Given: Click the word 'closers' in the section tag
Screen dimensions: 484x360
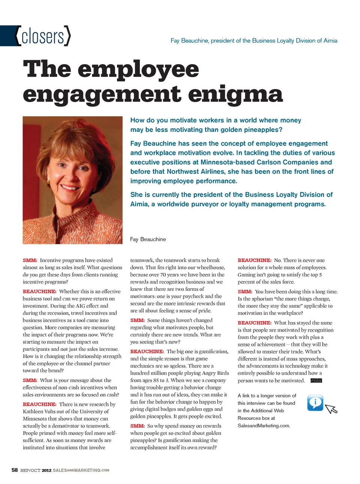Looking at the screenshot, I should pyautogui.click(x=43, y=36).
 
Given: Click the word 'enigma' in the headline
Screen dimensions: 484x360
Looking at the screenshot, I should pyautogui.click(x=235, y=94).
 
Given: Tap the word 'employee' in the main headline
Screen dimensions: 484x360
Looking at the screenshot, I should pyautogui.click(x=138, y=69).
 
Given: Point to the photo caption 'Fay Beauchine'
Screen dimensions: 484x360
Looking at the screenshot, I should pyautogui.click(x=148, y=239).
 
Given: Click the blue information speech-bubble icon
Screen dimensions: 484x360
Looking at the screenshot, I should pyautogui.click(x=315, y=403).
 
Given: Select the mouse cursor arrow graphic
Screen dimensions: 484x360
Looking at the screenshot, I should pyautogui.click(x=331, y=409).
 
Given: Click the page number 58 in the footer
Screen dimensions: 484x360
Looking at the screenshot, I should pyautogui.click(x=15, y=470).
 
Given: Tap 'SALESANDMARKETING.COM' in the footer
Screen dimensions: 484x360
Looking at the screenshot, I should pyautogui.click(x=81, y=470).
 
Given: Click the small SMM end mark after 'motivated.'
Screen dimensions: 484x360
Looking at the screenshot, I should pyautogui.click(x=316, y=380).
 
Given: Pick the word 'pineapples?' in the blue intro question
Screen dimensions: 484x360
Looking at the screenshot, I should pyautogui.click(x=262, y=130).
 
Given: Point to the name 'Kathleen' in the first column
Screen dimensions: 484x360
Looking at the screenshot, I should pyautogui.click(x=33, y=412).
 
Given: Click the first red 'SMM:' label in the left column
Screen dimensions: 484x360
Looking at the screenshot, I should pyautogui.click(x=30, y=260).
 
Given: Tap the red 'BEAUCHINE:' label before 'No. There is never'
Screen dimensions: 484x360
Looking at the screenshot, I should pyautogui.click(x=254, y=260).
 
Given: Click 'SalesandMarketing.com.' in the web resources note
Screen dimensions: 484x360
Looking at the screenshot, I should pyautogui.click(x=264, y=426).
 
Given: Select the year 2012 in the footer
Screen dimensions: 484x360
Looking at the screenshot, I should pyautogui.click(x=46, y=470).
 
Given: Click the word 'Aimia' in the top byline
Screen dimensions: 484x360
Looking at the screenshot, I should pyautogui.click(x=330, y=41).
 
